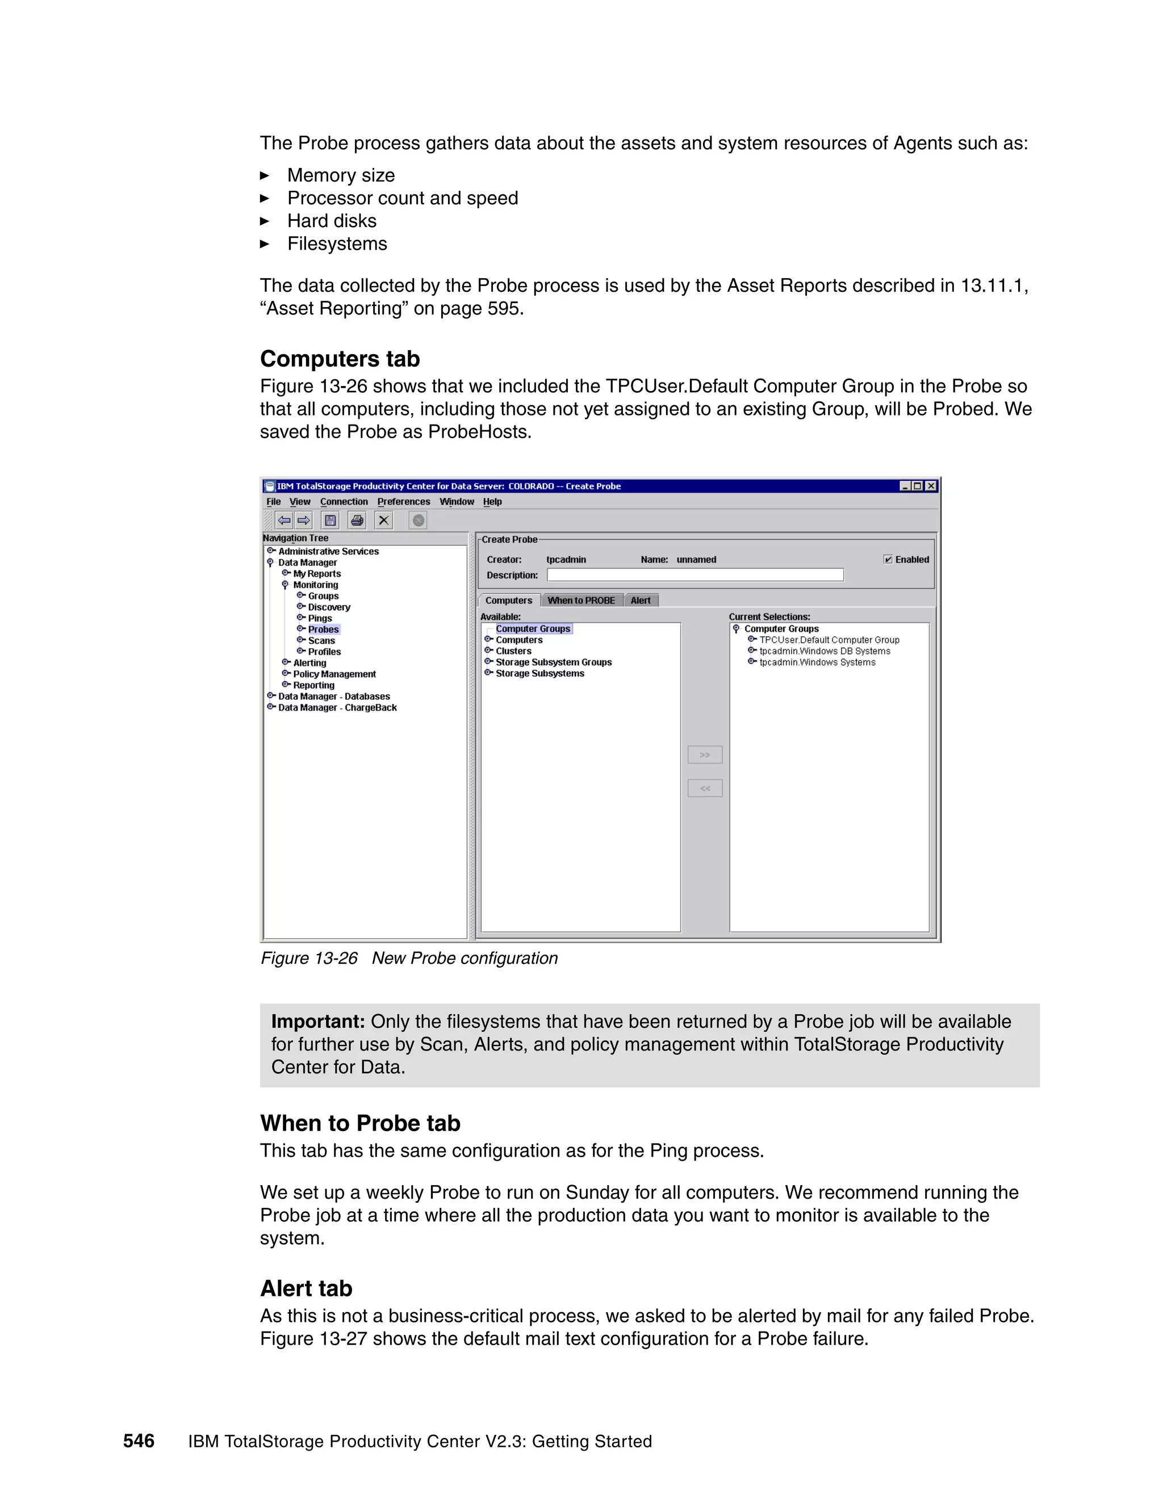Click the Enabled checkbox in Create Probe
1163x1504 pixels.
pyautogui.click(x=888, y=559)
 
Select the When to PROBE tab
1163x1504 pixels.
pyautogui.click(x=581, y=600)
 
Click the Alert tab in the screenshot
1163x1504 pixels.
pyautogui.click(x=640, y=600)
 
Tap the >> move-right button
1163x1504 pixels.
pyautogui.click(x=704, y=755)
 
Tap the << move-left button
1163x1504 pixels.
pyautogui.click(x=704, y=788)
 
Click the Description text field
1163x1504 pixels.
pyautogui.click(x=695, y=575)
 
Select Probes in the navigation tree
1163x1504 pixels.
pyautogui.click(x=323, y=629)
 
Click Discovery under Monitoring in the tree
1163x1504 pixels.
pyautogui.click(x=329, y=607)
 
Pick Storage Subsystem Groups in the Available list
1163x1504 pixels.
pyautogui.click(x=553, y=662)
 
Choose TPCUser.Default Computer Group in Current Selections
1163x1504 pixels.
pyautogui.click(x=829, y=640)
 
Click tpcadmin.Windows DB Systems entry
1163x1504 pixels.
pyautogui.click(x=824, y=652)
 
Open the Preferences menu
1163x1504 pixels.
pyautogui.click(x=403, y=502)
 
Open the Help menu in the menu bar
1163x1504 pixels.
pyautogui.click(x=492, y=502)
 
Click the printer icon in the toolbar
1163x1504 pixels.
pyautogui.click(x=357, y=520)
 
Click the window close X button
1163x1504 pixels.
pyautogui.click(x=931, y=486)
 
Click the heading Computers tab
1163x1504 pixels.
pyautogui.click(x=340, y=359)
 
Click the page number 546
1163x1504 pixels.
pyautogui.click(x=139, y=1442)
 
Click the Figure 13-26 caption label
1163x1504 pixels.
pyautogui.click(x=309, y=959)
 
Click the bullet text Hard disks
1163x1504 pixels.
pyautogui.click(x=332, y=221)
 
